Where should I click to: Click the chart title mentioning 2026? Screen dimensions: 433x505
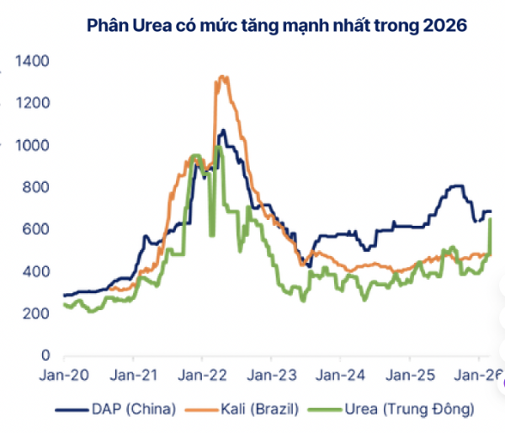(x=277, y=25)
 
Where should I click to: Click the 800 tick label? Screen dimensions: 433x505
(x=36, y=188)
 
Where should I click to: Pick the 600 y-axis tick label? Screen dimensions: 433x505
(x=36, y=230)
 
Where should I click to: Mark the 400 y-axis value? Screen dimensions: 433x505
(x=36, y=272)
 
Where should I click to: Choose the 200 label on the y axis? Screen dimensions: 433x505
(x=36, y=314)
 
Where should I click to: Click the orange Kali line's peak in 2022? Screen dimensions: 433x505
(x=222, y=78)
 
